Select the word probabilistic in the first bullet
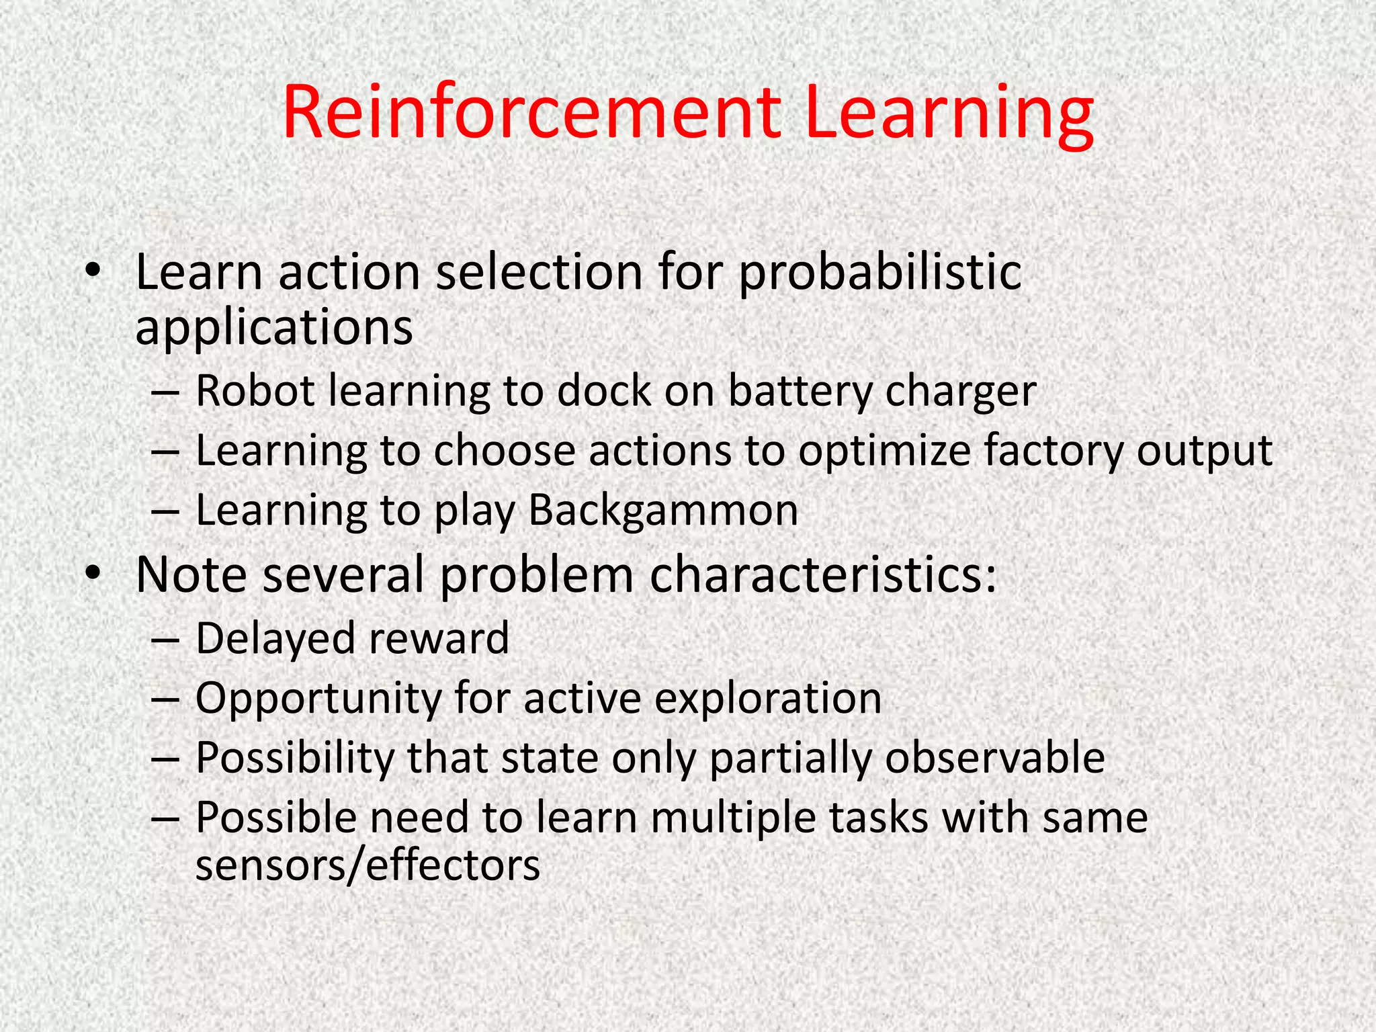(x=880, y=274)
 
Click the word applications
(x=274, y=329)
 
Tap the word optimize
(x=884, y=451)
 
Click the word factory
(x=1053, y=451)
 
